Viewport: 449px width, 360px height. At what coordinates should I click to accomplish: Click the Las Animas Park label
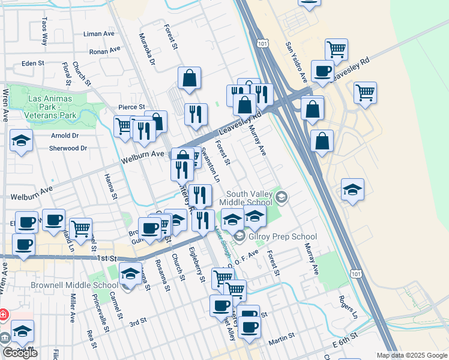(x=50, y=99)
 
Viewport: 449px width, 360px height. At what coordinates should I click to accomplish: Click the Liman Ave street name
(x=99, y=34)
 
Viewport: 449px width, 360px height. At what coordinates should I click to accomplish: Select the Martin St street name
(x=281, y=341)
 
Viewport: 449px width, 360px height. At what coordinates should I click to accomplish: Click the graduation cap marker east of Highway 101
(x=352, y=190)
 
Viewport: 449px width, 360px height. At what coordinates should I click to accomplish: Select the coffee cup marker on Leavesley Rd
(x=322, y=71)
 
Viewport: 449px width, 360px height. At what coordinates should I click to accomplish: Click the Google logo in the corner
(x=20, y=353)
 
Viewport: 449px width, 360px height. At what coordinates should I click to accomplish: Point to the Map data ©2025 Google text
(x=412, y=355)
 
